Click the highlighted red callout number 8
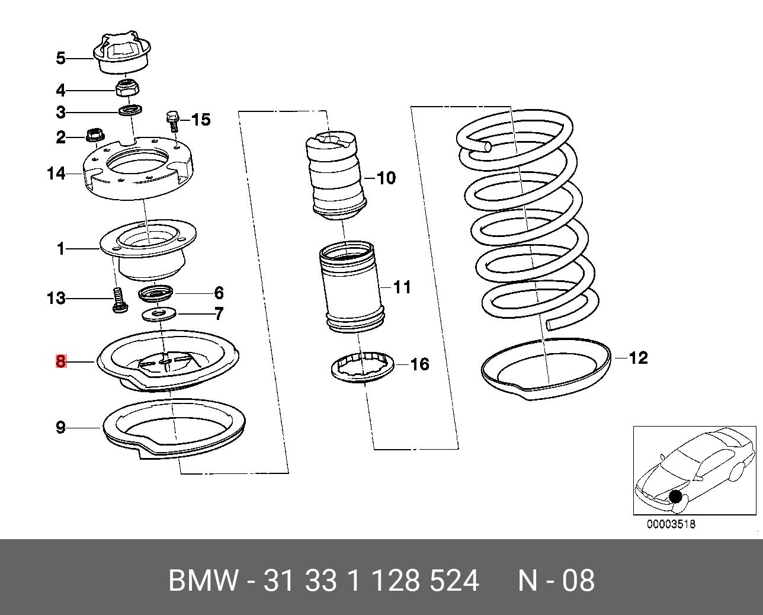click(x=60, y=360)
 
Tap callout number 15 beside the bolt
click(x=201, y=120)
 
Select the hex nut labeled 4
click(x=126, y=88)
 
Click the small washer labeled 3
click(x=131, y=110)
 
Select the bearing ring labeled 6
click(x=156, y=293)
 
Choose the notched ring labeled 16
click(x=363, y=367)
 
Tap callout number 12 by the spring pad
click(x=638, y=358)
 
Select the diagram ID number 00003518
click(x=671, y=524)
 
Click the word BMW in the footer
click(x=204, y=581)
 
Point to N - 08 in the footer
click(x=556, y=581)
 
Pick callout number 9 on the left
click(x=60, y=427)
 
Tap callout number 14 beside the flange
click(x=56, y=174)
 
